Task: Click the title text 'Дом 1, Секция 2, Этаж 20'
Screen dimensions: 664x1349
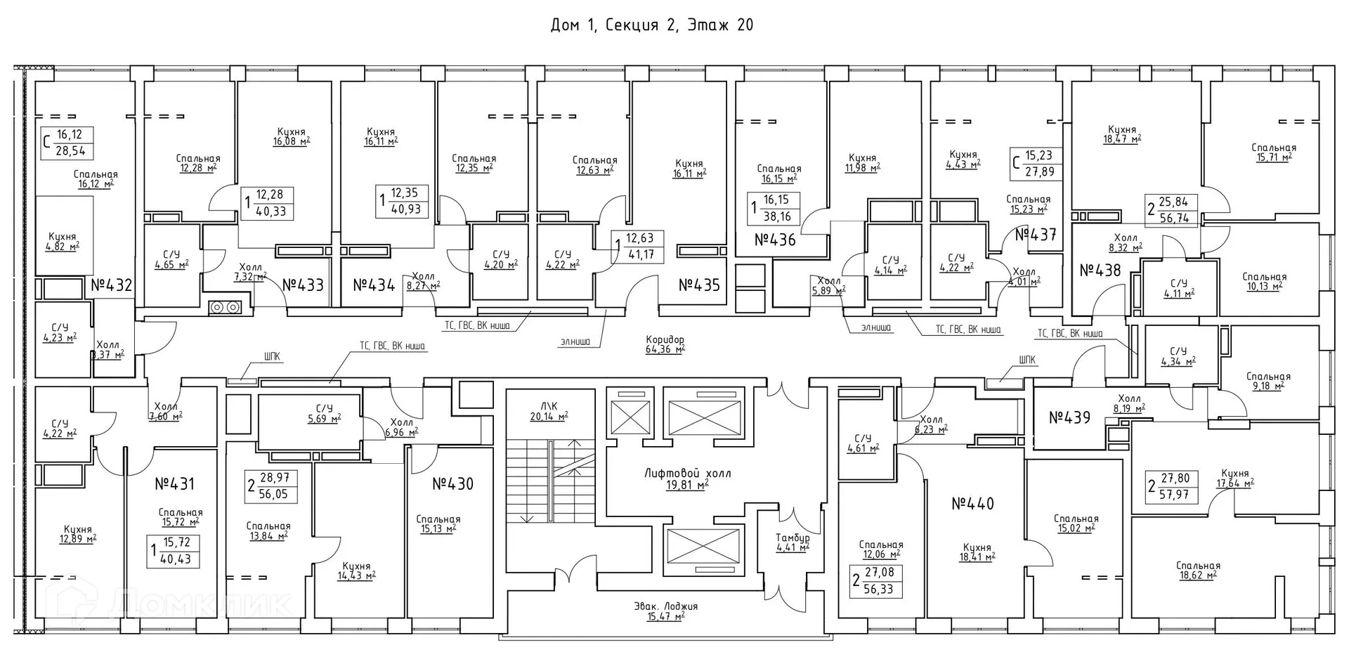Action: click(651, 25)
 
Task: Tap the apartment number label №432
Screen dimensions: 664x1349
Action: click(111, 285)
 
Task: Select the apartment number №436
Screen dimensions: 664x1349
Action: click(775, 240)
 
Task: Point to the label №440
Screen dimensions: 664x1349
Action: click(972, 504)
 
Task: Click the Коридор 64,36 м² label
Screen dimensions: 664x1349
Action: click(665, 344)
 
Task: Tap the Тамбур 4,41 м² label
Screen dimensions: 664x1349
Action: click(792, 542)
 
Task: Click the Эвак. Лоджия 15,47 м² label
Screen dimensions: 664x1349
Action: click(665, 611)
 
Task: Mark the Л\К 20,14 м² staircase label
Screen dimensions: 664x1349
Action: click(549, 410)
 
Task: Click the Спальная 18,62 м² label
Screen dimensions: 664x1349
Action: click(1197, 571)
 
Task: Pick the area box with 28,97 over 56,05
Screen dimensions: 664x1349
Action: click(272, 486)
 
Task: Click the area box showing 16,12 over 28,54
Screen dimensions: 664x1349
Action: click(67, 143)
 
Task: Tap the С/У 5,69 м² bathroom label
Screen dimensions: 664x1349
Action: click(323, 413)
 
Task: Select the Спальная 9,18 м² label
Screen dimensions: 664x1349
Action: click(1268, 381)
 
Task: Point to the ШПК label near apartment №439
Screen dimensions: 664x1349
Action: click(1027, 360)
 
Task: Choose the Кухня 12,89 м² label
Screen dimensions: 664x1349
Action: click(77, 535)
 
